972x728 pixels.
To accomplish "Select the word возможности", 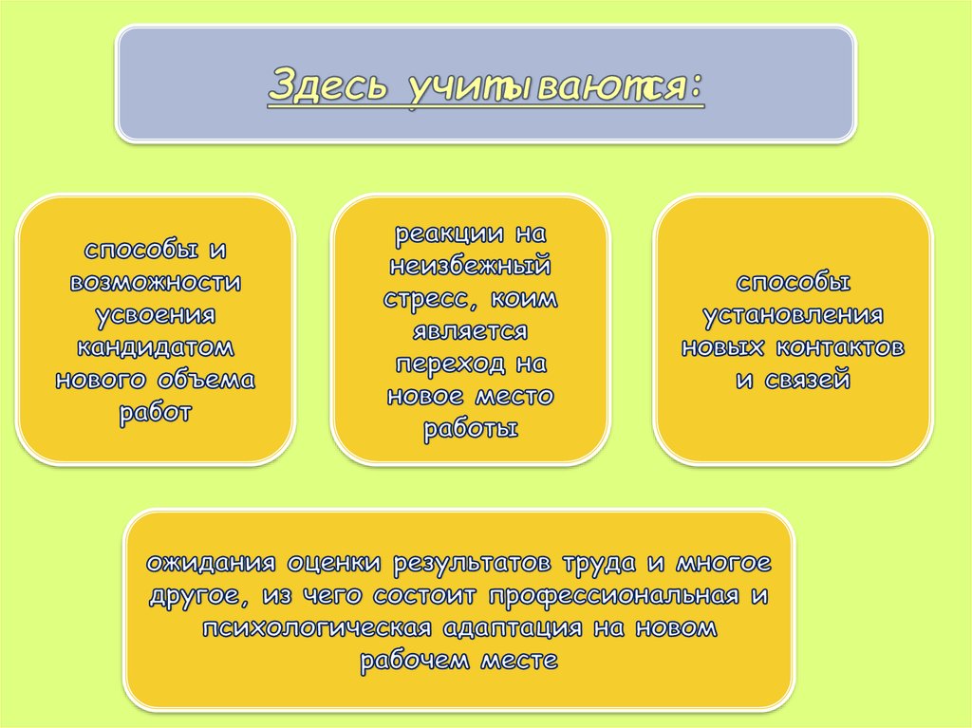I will tap(156, 284).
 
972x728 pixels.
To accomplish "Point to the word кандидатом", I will tap(156, 347).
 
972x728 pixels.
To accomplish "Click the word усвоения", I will tap(156, 315).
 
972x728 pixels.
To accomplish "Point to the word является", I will tap(471, 331).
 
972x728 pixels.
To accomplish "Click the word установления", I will tap(793, 315).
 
